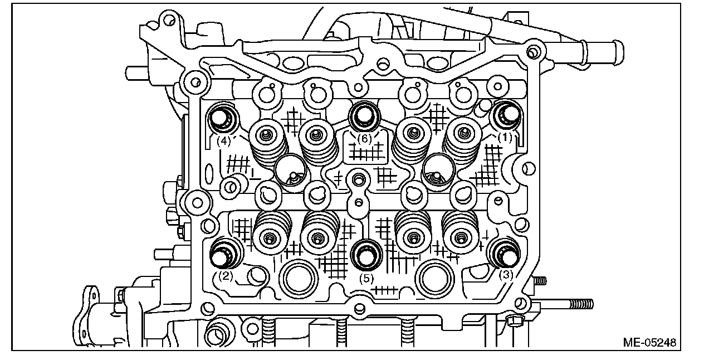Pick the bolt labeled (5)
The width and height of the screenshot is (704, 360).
click(x=366, y=255)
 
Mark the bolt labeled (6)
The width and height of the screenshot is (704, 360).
click(x=364, y=115)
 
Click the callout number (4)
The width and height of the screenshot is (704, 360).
click(x=223, y=141)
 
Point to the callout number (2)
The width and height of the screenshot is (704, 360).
click(x=225, y=275)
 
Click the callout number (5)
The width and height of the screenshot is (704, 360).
click(x=366, y=276)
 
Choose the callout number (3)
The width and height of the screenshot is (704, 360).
click(x=506, y=274)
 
